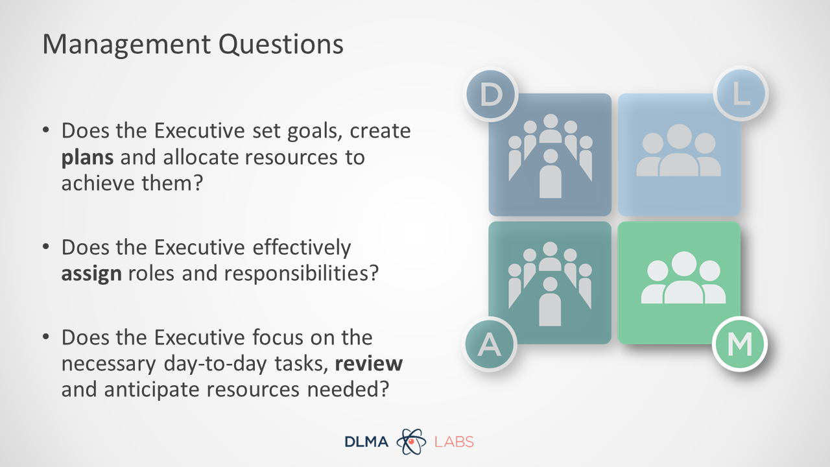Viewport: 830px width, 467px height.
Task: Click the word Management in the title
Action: [126, 45]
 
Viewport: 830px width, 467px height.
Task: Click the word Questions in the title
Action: [281, 45]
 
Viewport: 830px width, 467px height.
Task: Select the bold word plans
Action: [88, 158]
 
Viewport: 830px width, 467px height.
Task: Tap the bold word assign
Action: [91, 274]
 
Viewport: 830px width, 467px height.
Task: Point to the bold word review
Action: [369, 364]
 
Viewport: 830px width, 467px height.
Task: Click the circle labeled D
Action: [491, 94]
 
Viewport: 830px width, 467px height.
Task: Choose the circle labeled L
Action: [741, 93]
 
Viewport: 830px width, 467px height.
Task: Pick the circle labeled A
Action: [490, 344]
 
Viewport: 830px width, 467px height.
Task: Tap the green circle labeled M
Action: [740, 344]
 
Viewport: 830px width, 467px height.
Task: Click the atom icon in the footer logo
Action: [411, 442]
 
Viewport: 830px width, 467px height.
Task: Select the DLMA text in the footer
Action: [366, 442]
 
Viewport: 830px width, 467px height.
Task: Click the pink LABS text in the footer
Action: [454, 442]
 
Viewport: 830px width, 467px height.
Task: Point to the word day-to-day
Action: [215, 365]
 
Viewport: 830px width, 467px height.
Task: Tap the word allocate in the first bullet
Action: [200, 157]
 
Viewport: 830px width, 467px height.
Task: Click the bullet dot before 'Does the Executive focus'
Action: [46, 337]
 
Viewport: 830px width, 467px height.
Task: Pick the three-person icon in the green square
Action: [683, 278]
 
